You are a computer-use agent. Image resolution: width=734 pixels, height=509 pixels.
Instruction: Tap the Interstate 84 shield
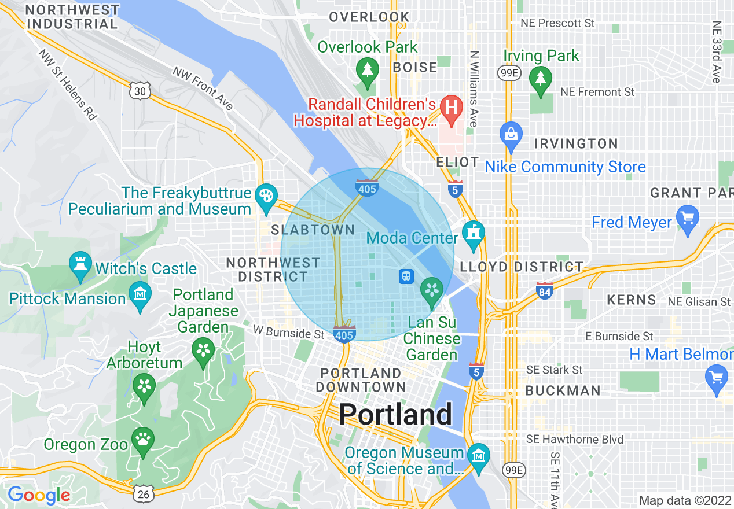pos(544,290)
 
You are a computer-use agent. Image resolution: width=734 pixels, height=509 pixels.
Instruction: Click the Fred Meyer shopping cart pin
pos(688,219)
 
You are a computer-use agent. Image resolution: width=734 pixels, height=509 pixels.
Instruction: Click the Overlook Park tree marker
pos(367,71)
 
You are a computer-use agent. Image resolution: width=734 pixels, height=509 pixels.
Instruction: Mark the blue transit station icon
pos(406,276)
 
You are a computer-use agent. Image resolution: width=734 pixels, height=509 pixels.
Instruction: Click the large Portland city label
pos(395,414)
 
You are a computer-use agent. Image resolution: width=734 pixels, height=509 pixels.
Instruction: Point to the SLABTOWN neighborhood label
pos(313,230)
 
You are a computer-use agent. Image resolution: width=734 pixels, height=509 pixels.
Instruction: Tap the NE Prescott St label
pos(557,23)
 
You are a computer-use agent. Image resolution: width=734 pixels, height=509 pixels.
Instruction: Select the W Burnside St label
pos(289,334)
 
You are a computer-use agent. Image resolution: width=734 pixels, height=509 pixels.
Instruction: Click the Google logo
pos(39,495)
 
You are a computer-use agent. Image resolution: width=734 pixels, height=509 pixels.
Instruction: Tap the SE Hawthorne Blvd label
pos(575,440)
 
